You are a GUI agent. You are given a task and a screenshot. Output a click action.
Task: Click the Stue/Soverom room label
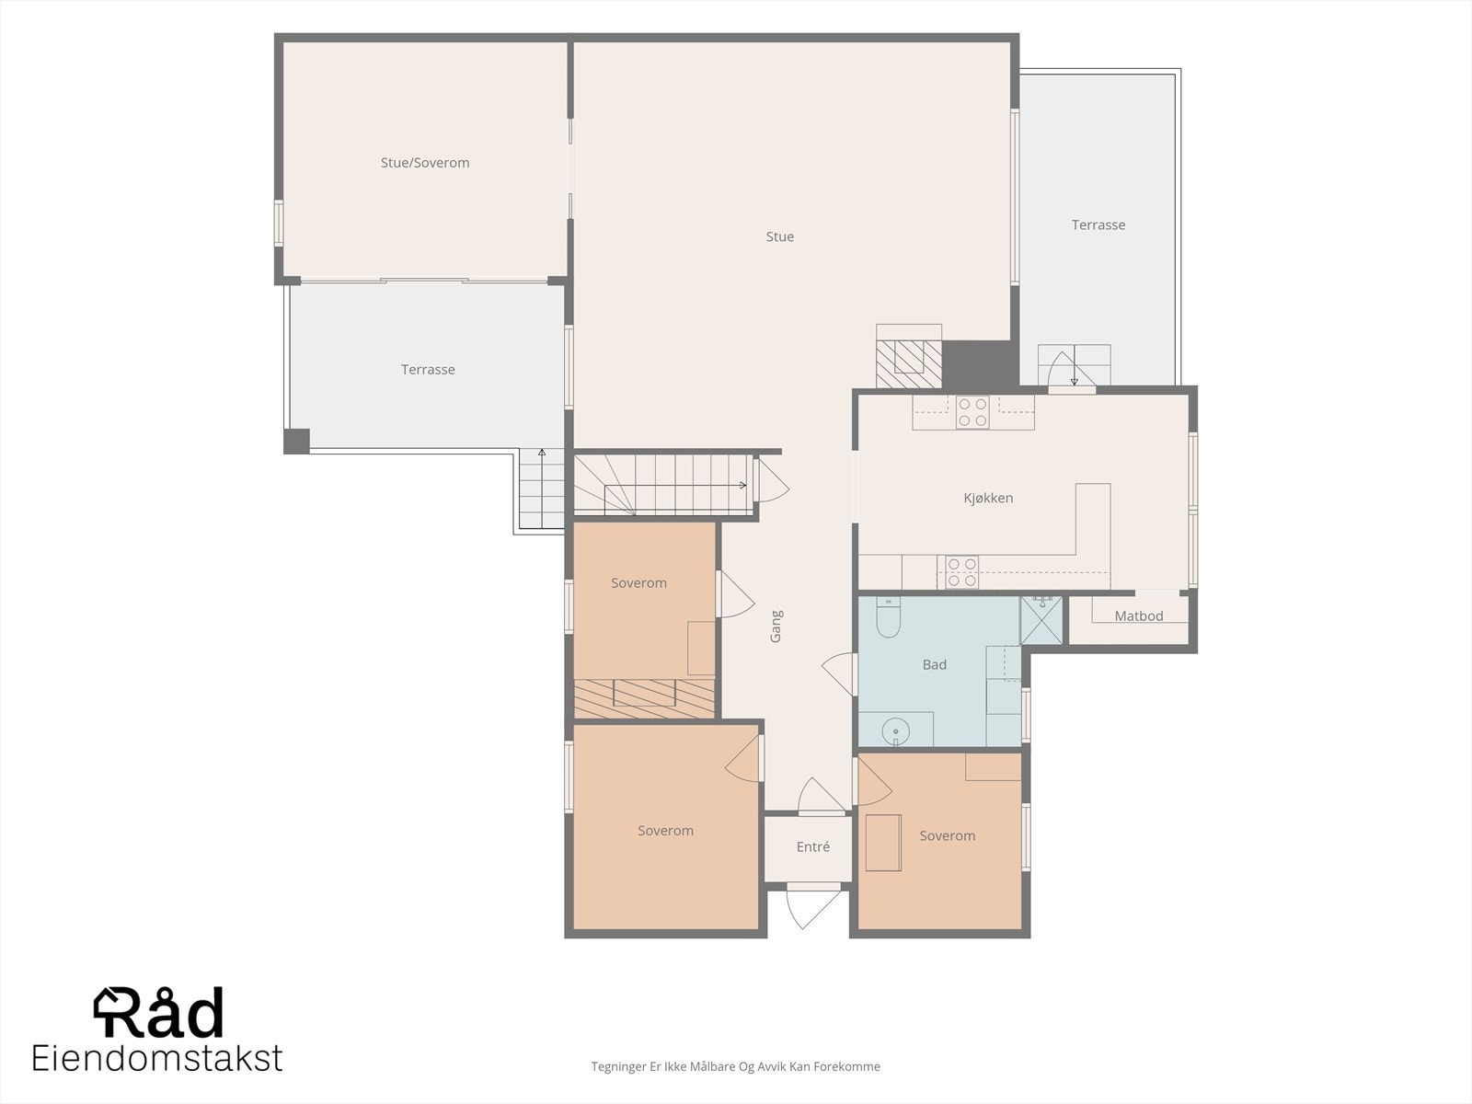click(424, 163)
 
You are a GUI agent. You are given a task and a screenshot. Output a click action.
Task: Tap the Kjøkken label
click(988, 498)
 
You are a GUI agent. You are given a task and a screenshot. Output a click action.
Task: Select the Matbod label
click(1139, 616)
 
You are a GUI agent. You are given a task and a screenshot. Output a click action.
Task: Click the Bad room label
click(934, 664)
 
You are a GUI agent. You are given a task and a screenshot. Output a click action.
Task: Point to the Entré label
click(812, 846)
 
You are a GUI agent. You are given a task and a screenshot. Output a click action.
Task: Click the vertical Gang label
click(776, 627)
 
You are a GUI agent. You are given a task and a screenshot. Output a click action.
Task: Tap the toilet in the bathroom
click(888, 616)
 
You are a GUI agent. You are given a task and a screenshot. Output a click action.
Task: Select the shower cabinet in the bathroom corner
click(1041, 620)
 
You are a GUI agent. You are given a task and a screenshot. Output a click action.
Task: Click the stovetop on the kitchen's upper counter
click(972, 412)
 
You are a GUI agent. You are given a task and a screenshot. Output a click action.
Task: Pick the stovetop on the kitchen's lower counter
click(961, 572)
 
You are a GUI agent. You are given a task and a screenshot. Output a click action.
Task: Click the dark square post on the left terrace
click(296, 441)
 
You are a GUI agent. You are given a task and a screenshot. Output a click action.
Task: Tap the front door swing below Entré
click(812, 906)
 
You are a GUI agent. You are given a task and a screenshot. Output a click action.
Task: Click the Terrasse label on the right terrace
click(1098, 225)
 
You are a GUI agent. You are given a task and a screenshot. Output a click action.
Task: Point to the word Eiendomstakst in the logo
click(157, 1058)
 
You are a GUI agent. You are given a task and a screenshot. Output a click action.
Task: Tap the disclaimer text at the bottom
click(735, 1066)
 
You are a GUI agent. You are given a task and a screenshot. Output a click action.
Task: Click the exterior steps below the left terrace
click(541, 489)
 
